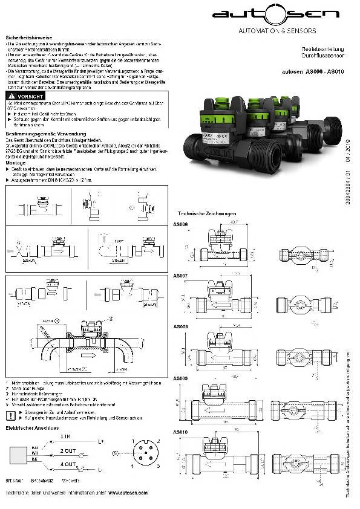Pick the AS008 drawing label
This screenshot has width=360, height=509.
tap(180, 326)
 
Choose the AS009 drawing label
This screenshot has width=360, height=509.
tap(180, 378)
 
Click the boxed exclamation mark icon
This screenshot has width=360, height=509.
tap(10, 415)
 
